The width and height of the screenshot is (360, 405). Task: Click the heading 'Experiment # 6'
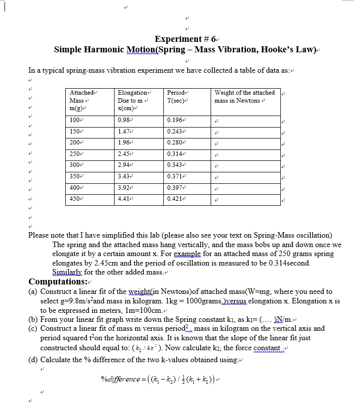[x=184, y=39]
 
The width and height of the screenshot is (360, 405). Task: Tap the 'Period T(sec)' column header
[x=177, y=97]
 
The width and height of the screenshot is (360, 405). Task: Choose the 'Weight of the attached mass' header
[x=244, y=97]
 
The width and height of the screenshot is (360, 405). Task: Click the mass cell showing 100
[x=75, y=120]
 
